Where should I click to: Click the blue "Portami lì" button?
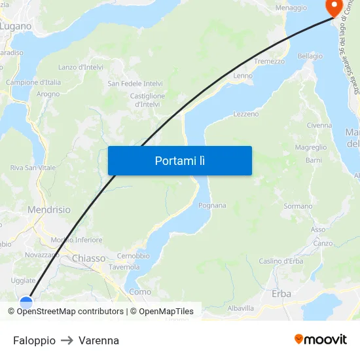pyautogui.click(x=179, y=160)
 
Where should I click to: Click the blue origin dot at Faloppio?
pyautogui.click(x=26, y=302)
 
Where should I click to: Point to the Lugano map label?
pyautogui.click(x=16, y=26)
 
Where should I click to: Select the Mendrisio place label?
pyautogui.click(x=49, y=210)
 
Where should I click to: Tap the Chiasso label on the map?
pyautogui.click(x=88, y=259)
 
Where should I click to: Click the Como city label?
pyautogui.click(x=140, y=292)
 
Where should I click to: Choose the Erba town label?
pyautogui.click(x=281, y=294)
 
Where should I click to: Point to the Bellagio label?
pyautogui.click(x=310, y=56)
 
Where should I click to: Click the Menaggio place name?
pyautogui.click(x=291, y=8)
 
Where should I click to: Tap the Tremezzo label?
pyautogui.click(x=270, y=61)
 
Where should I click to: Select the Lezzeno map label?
pyautogui.click(x=246, y=114)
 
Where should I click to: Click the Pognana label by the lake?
pyautogui.click(x=212, y=206)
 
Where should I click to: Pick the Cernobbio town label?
pyautogui.click(x=133, y=256)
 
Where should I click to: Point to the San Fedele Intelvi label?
pyautogui.click(x=135, y=84)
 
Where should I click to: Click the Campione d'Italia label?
pyautogui.click(x=33, y=82)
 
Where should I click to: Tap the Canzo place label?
pyautogui.click(x=323, y=243)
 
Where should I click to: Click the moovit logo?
pyautogui.click(x=320, y=340)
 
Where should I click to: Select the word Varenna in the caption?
pyautogui.click(x=99, y=340)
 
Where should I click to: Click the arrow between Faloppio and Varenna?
pyautogui.click(x=67, y=340)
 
